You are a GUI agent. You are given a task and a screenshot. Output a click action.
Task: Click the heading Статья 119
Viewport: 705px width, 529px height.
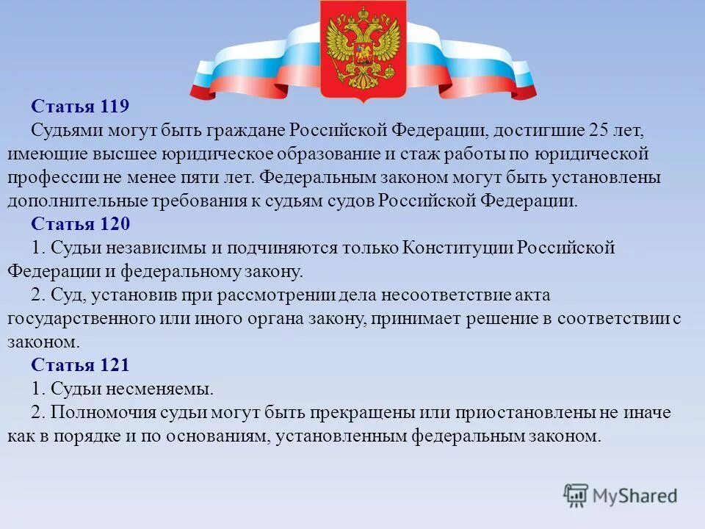coord(81,107)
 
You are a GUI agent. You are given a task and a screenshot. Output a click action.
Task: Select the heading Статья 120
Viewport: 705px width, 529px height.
coord(81,224)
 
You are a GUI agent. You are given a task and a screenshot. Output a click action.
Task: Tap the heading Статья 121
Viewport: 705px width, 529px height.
coord(81,365)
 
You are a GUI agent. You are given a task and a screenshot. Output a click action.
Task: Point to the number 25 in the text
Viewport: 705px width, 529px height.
coord(598,131)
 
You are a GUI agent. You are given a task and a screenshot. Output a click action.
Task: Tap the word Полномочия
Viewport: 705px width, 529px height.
coord(104,412)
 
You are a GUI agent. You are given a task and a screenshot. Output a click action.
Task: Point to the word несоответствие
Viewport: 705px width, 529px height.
coord(454,295)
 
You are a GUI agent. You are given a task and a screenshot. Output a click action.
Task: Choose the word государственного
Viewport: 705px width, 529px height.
coord(74,318)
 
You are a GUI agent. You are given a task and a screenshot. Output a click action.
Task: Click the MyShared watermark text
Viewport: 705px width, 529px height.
coord(635,496)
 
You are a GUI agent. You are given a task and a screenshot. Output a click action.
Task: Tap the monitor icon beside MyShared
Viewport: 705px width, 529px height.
coord(576,495)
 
